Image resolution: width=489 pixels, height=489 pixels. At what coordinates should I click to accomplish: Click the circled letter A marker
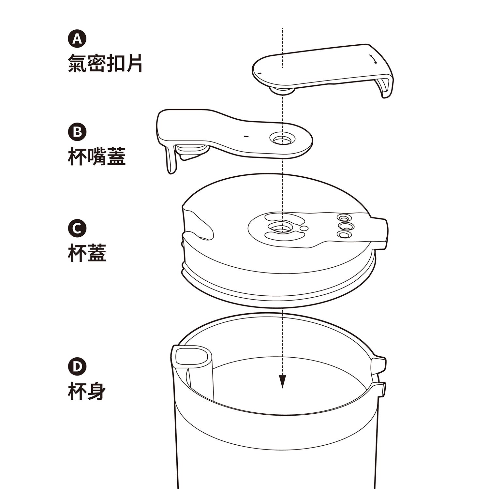pyautogui.click(x=77, y=39)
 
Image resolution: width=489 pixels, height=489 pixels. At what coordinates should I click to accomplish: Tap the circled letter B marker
pyautogui.click(x=77, y=132)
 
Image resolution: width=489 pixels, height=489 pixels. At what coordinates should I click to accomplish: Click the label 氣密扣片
pyautogui.click(x=105, y=63)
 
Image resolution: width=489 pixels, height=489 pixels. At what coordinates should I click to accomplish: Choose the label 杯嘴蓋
pyautogui.click(x=96, y=156)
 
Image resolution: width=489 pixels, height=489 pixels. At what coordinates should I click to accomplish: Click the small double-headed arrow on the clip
pyautogui.click(x=373, y=59)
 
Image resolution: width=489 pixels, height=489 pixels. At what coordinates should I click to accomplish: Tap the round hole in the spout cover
pyautogui.click(x=282, y=140)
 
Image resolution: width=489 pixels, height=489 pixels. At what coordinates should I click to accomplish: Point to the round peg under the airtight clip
pyautogui.click(x=282, y=91)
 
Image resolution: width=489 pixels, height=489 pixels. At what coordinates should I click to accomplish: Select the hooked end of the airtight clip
pyautogui.click(x=385, y=87)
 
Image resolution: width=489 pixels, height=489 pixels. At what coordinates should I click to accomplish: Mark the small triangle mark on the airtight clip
pyautogui.click(x=259, y=73)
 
